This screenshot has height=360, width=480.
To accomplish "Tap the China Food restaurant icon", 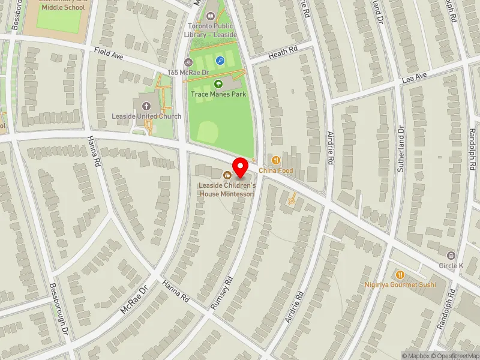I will [275, 160].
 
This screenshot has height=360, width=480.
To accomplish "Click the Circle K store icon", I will [451, 255].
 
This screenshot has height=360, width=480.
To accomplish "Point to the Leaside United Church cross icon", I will [146, 106].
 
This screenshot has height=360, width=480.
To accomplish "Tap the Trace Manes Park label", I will [219, 94].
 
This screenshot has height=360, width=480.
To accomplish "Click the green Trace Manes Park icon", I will [219, 84].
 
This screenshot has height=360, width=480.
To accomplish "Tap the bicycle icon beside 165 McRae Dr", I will [188, 62].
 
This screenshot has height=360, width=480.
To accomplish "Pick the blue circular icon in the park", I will [220, 60].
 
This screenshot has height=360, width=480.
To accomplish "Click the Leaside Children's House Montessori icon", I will [227, 175].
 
